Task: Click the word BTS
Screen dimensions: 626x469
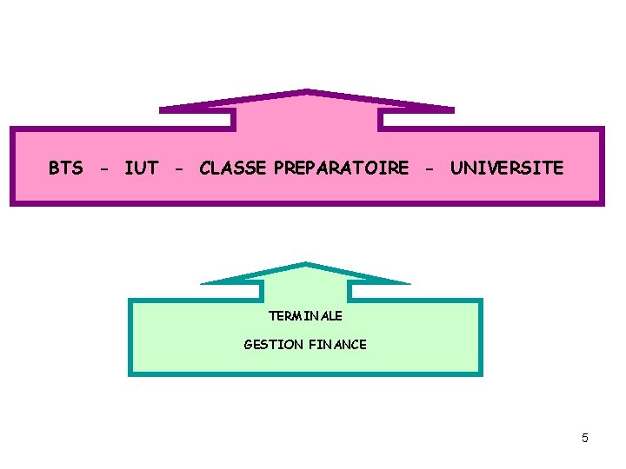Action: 66,168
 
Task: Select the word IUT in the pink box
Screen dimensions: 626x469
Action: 141,168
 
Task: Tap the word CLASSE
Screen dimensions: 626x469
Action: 233,168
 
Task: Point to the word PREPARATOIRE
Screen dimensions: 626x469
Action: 341,168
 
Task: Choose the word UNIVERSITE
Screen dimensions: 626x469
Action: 507,168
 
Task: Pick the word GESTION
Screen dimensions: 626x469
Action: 274,345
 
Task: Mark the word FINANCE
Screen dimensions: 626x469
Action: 337,345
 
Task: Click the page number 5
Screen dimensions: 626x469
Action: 585,438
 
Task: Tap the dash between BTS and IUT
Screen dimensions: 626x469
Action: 104,168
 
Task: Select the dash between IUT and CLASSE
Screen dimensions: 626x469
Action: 178,168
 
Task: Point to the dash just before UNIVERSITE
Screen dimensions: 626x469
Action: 430,168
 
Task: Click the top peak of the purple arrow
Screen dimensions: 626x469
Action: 306,90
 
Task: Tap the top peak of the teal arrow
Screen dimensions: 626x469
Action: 305,263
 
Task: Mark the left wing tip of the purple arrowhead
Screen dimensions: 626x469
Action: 162,109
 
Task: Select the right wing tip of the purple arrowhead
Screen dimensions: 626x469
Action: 452,109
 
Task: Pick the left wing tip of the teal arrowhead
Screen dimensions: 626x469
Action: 202,282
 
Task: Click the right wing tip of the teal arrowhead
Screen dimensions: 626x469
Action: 409,282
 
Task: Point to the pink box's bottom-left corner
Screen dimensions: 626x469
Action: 11,204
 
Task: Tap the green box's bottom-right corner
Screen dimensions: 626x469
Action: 481,374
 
